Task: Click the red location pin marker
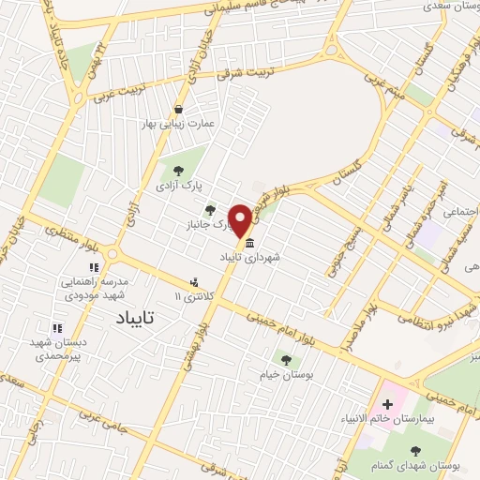[241, 221]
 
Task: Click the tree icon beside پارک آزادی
[178, 171]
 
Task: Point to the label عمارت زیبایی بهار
[192, 124]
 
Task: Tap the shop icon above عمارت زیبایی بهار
[192, 109]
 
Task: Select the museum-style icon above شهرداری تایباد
[249, 243]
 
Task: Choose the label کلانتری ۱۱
[195, 296]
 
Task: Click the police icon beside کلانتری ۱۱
[195, 281]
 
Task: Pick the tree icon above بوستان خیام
[286, 359]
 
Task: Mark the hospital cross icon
[387, 404]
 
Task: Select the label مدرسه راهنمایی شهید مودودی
[94, 288]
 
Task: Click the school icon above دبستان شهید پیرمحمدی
[57, 329]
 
